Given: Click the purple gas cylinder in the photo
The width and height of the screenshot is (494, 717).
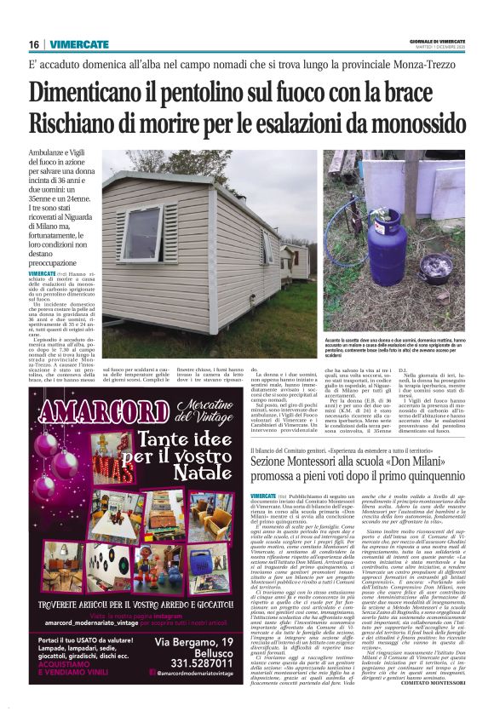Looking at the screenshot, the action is (x=382, y=223).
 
